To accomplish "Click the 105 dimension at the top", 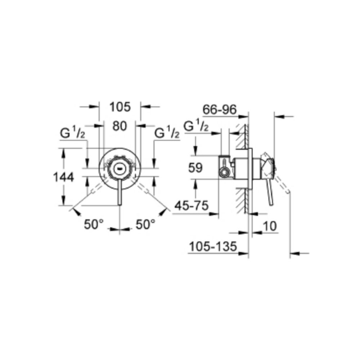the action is (x=120, y=107).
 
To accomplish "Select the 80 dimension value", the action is (x=120, y=126).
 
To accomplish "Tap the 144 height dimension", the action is (x=63, y=177).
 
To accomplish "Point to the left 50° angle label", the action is (x=94, y=224).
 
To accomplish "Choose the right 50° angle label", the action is (x=145, y=224).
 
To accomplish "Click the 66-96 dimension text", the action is (x=219, y=110).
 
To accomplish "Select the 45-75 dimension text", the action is (x=192, y=205).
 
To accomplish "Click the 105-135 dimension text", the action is (x=213, y=247).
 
